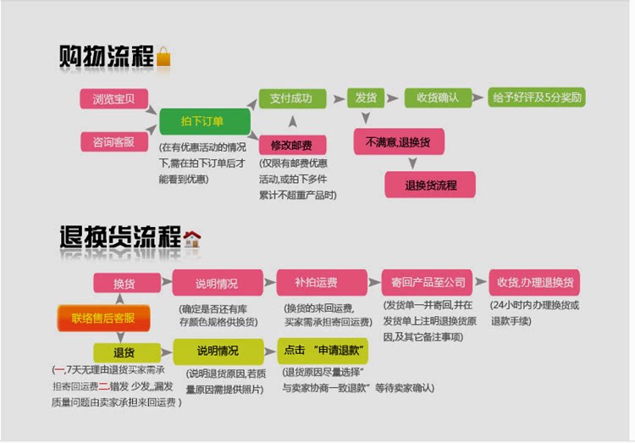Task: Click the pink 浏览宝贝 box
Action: pyautogui.click(x=114, y=98)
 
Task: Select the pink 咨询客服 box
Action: pyautogui.click(x=114, y=141)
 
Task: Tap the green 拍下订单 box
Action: pyautogui.click(x=203, y=120)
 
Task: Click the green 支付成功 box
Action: pyautogui.click(x=291, y=98)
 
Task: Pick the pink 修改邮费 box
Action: pyautogui.click(x=291, y=144)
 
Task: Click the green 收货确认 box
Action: pyautogui.click(x=438, y=98)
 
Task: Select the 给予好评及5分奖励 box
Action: pyautogui.click(x=538, y=97)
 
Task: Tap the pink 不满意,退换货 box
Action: pyautogui.click(x=398, y=141)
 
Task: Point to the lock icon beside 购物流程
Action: pyautogui.click(x=164, y=57)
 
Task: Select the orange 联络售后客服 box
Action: pyautogui.click(x=103, y=318)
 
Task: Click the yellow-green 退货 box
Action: pyautogui.click(x=125, y=352)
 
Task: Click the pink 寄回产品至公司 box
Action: pyautogui.click(x=429, y=283)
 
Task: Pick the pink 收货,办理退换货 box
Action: pyautogui.click(x=534, y=283)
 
